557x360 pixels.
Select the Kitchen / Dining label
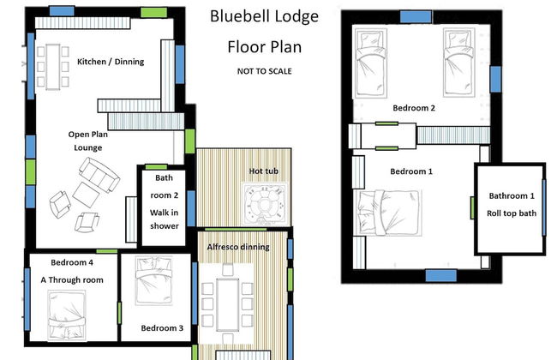pos(111,62)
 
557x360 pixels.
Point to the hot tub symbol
pos(261,203)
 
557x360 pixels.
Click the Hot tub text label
pos(263,171)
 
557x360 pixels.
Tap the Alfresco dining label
pos(238,247)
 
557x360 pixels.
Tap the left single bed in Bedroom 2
pos(373,59)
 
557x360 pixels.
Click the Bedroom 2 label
pos(414,108)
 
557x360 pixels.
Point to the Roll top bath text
pos(511,213)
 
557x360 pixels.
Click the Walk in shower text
pos(163,219)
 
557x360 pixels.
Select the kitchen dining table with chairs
pos(52,65)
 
